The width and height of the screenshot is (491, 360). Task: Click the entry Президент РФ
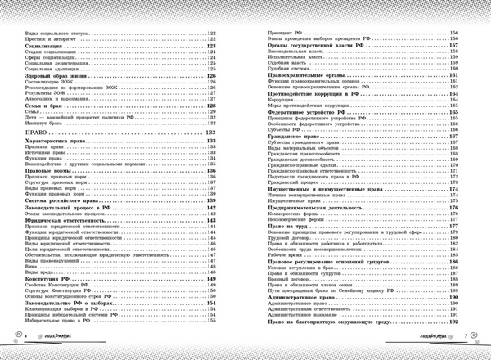[288, 32]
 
